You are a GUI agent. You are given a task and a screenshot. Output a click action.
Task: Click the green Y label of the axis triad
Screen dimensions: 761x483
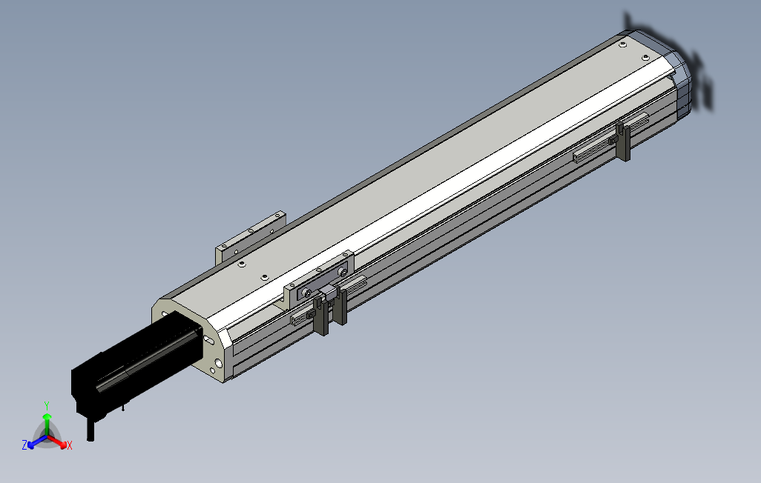(x=47, y=405)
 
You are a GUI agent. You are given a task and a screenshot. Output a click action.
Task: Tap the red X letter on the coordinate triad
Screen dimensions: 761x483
(x=70, y=444)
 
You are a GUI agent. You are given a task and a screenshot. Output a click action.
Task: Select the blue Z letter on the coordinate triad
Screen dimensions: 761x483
(x=24, y=444)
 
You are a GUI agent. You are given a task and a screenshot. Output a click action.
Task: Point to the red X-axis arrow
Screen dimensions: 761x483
(x=57, y=442)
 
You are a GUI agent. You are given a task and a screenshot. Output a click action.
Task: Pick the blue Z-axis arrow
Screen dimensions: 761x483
(x=37, y=441)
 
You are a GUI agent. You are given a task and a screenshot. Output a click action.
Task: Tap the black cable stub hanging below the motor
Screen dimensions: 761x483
(x=90, y=430)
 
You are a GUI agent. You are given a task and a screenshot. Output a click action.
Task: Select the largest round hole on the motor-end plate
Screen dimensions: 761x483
(x=219, y=362)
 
